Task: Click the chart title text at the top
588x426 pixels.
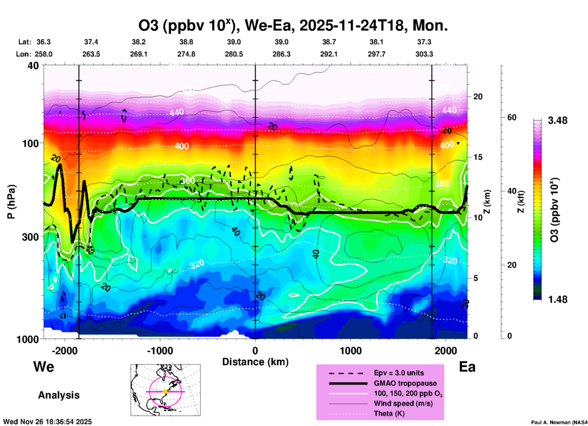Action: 293,26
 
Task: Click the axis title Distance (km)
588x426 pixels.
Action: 255,362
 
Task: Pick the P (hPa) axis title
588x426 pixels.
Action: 11,202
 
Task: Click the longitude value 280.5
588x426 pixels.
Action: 234,54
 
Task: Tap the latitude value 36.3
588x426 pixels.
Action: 43,42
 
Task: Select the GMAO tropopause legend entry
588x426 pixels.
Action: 405,383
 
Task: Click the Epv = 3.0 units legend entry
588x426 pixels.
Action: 399,373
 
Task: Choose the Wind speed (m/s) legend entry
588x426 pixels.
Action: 403,403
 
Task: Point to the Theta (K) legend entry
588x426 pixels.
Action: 389,413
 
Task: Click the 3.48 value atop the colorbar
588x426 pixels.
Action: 557,121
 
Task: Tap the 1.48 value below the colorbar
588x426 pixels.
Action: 557,299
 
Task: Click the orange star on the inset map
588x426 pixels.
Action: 165,391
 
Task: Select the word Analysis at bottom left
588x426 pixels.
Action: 59,395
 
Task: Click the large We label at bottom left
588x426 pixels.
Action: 44,366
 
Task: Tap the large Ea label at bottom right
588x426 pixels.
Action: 467,367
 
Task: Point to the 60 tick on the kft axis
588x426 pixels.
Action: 512,117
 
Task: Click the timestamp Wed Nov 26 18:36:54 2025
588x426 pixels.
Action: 47,422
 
